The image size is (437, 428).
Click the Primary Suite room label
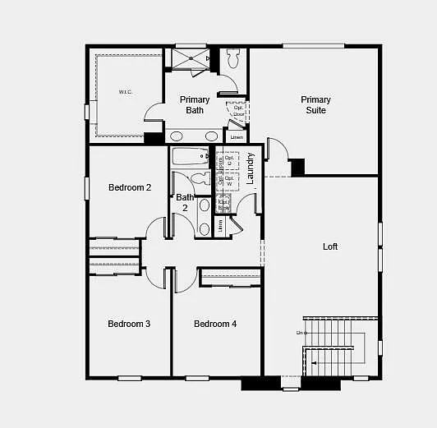click(x=315, y=105)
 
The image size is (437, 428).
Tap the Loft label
click(x=330, y=246)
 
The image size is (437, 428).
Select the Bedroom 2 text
click(x=130, y=187)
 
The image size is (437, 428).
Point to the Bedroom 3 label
click(x=129, y=324)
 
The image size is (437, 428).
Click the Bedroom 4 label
click(x=215, y=324)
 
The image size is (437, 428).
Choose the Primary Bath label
click(x=195, y=105)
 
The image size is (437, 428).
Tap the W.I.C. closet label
click(x=126, y=92)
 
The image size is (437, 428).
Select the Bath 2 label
click(x=185, y=202)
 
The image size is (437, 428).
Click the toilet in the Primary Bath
click(x=232, y=59)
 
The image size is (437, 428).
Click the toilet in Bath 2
click(x=200, y=178)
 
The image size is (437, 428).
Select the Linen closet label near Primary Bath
click(x=237, y=136)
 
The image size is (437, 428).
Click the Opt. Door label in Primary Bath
click(x=238, y=110)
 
